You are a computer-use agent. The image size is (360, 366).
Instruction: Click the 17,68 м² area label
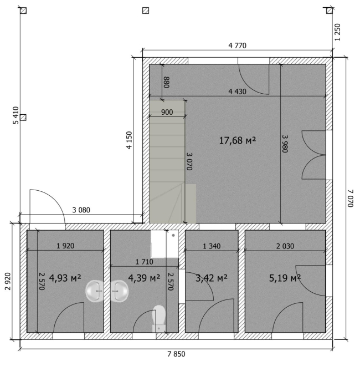pos(238,140)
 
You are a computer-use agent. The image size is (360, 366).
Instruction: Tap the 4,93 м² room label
pos(65,278)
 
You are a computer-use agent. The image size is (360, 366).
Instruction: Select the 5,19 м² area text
pos(285,278)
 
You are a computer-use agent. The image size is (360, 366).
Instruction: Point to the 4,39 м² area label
pos(144,278)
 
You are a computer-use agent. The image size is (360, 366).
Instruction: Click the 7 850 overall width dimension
pos(176,354)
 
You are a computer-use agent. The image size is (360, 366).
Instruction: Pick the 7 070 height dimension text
pos(351,198)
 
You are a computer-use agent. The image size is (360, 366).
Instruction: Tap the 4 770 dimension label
pos(238,45)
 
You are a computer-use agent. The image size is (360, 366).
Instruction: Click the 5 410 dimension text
pos(16,115)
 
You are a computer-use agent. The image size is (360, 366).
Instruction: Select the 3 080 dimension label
pos(81,210)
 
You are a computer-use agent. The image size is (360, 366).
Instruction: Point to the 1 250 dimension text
pos(337,32)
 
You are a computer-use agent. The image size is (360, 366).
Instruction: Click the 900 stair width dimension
pos(167,112)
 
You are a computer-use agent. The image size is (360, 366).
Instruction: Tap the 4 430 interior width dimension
pos(238,91)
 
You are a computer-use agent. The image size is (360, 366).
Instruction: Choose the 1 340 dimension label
pos(212,246)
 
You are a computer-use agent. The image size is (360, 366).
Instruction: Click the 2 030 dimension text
pos(285,246)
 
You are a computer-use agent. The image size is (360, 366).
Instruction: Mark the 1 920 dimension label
pos(65,246)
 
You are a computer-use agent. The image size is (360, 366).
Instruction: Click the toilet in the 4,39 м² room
pos(159,318)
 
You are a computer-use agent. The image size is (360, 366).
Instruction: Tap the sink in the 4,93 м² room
pos(94,291)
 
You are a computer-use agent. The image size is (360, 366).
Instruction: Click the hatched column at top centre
pos(146,11)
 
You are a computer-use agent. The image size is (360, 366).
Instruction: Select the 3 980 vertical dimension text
pos(285,144)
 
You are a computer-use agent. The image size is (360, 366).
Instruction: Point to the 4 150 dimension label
pos(129,140)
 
